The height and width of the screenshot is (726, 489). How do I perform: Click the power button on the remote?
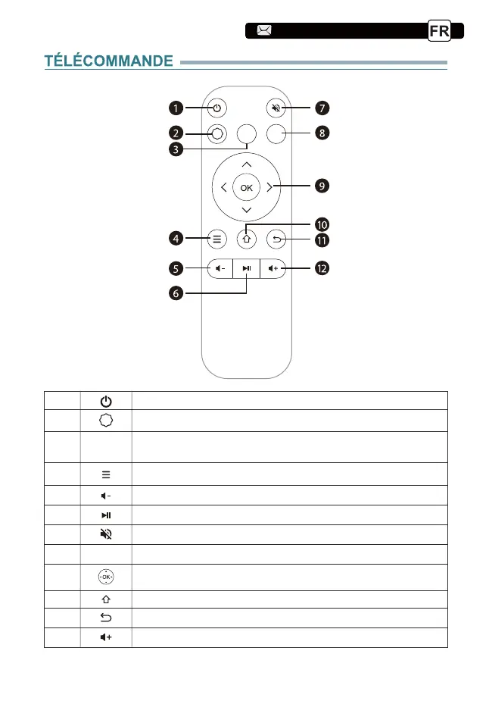click(217, 108)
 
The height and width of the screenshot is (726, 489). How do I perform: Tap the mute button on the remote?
click(276, 108)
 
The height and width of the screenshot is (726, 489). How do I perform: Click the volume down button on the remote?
click(218, 268)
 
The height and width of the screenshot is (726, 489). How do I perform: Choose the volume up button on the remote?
click(274, 268)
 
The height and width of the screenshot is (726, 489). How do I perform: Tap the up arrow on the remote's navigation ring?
click(246, 164)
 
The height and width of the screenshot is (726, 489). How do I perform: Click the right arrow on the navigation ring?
click(269, 186)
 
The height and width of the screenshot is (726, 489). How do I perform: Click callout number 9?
click(323, 186)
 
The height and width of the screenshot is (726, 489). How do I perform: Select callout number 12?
click(323, 269)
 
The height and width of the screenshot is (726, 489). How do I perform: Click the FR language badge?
click(439, 31)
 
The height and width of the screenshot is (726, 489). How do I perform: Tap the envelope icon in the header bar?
click(264, 31)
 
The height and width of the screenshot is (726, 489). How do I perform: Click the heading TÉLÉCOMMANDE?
click(108, 61)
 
